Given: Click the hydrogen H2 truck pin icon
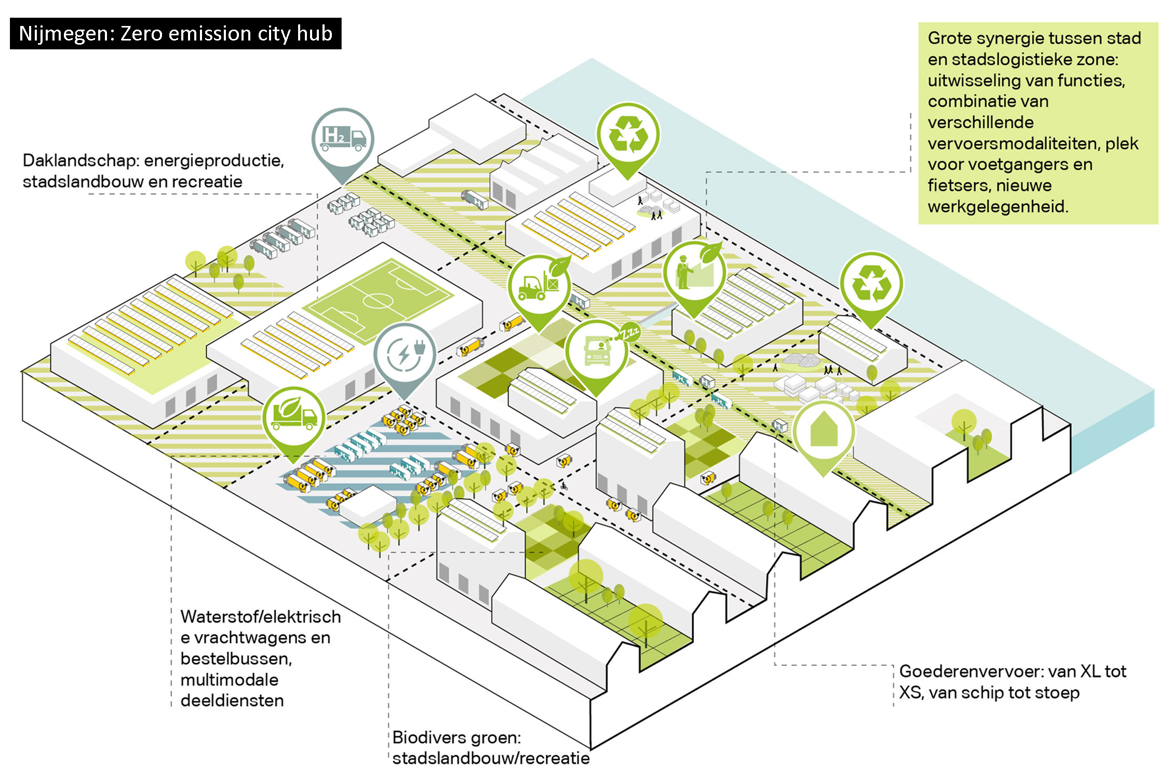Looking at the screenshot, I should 343,138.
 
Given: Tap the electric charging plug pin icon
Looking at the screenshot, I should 405,355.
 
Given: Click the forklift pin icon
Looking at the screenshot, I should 539,286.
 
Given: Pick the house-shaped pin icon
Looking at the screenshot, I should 824,430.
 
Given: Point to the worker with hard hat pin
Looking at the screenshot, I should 694,273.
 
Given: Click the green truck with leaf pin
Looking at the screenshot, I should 293,417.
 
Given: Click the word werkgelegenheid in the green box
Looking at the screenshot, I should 997,207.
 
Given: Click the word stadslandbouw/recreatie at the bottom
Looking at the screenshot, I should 491,758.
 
